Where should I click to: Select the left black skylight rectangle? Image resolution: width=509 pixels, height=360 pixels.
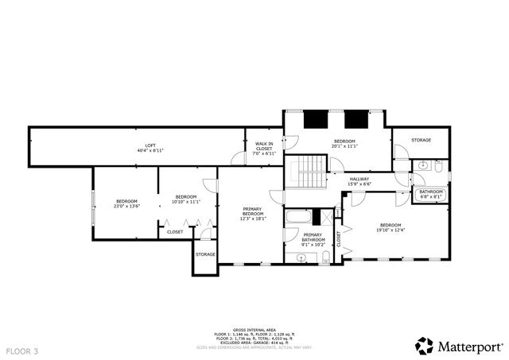pos(317,118)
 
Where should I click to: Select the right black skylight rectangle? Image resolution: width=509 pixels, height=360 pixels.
pos(356,118)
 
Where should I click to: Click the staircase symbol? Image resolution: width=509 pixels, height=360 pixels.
pos(308,172)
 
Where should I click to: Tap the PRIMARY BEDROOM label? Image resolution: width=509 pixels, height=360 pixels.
pos(253,212)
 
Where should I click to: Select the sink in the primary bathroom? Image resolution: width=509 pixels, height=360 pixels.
pos(290,257)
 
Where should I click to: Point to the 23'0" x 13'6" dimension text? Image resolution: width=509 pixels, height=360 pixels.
pos(127,206)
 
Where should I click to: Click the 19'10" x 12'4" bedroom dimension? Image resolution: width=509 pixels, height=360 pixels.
pos(390,230)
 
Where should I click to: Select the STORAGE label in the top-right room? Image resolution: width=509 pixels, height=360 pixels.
pos(421,140)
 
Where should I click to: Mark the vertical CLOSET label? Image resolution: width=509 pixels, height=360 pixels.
pos(340,238)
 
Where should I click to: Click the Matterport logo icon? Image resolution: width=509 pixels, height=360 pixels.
pos(424,346)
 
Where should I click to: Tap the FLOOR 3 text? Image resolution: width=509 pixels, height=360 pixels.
pos(22,350)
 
